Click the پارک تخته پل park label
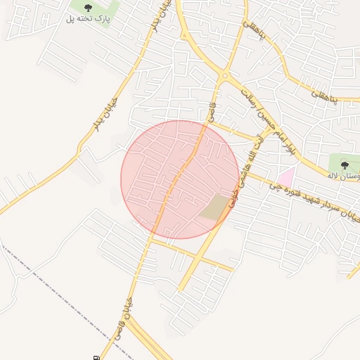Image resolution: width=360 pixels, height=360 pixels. pos(89,18)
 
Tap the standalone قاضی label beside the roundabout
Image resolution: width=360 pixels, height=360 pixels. pos(211,109)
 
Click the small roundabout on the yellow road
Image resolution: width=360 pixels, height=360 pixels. pos(225,76)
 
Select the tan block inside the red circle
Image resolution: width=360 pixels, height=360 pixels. pos(214,207)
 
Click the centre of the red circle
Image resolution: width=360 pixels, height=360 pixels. pos(180,179)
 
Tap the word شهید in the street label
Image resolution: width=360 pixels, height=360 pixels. pos(307,198)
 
